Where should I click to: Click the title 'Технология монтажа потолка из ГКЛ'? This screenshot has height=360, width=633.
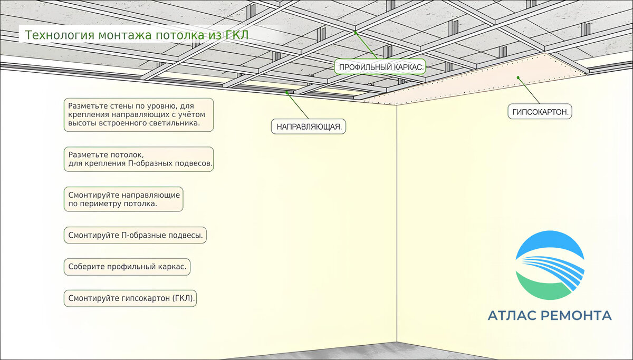tap(137, 35)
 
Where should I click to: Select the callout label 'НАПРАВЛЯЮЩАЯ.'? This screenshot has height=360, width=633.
tap(309, 127)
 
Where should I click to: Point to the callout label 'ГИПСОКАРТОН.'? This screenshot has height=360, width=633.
tap(540, 112)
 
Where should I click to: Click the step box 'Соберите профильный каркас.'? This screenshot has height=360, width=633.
tap(127, 267)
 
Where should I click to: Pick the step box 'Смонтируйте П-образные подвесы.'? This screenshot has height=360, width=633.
tap(135, 235)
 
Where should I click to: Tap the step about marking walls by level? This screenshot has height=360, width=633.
tap(139, 114)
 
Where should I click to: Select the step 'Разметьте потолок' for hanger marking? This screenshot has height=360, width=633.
tap(139, 159)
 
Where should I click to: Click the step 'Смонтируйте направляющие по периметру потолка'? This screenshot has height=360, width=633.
tap(124, 199)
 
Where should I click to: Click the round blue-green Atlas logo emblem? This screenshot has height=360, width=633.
tap(550, 265)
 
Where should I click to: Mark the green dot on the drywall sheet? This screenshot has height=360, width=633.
tap(519, 77)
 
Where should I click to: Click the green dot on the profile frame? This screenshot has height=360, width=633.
tap(356, 32)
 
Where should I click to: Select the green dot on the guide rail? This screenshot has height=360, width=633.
tap(287, 92)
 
